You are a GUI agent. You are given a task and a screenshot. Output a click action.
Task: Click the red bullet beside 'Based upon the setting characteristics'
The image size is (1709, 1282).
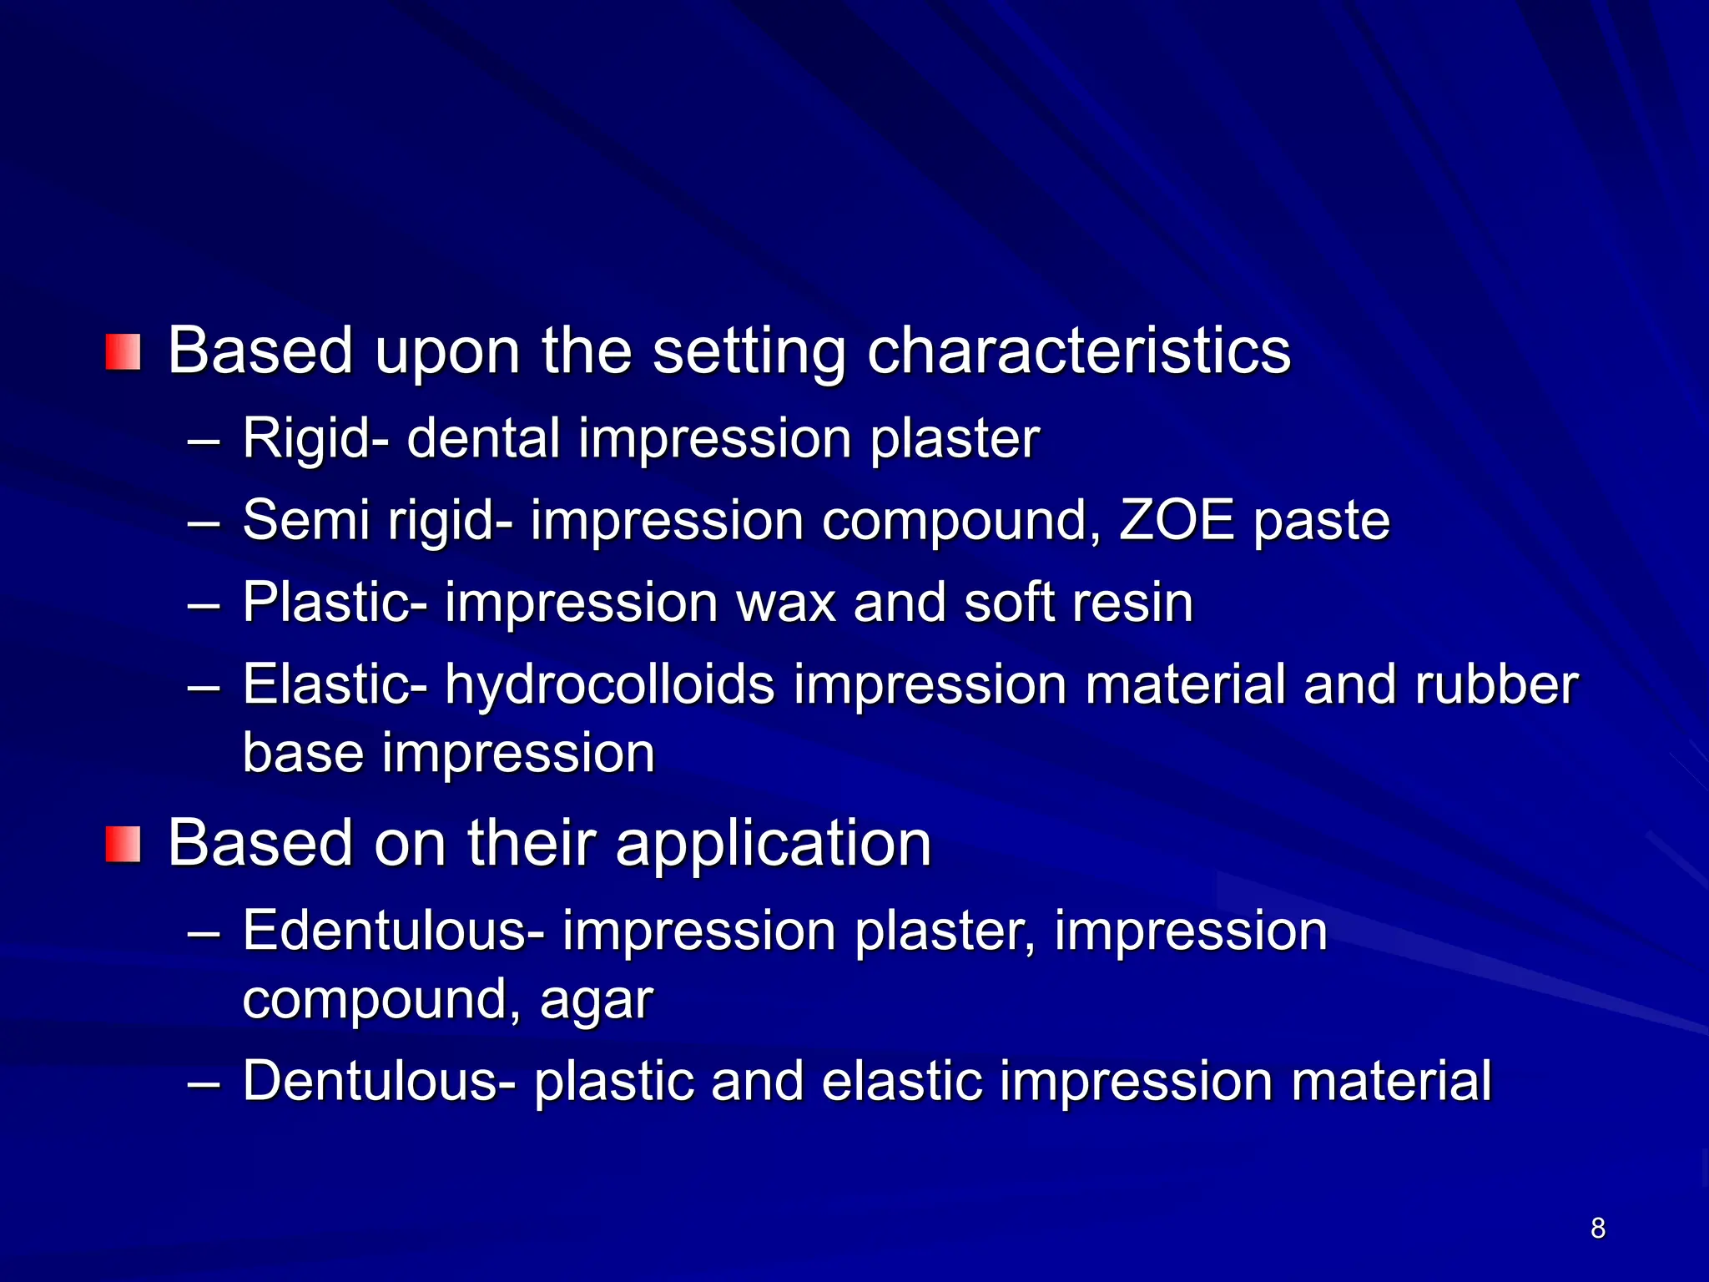(123, 352)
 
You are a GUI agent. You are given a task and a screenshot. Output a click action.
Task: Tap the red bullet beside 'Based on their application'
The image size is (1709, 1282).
(123, 845)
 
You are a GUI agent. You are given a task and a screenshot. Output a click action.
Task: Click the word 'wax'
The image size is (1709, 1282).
(785, 603)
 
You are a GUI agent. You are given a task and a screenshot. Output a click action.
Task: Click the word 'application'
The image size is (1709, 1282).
(773, 845)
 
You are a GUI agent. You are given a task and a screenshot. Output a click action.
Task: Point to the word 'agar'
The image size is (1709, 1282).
(596, 1000)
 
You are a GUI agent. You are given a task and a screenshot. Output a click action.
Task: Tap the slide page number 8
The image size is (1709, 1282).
(1597, 1228)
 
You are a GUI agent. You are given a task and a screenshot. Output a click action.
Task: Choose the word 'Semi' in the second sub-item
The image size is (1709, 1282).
(305, 521)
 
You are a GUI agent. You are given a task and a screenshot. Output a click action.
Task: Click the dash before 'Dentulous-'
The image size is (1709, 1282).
(204, 1083)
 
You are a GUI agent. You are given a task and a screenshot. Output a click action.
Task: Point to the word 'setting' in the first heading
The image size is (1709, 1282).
(749, 352)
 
